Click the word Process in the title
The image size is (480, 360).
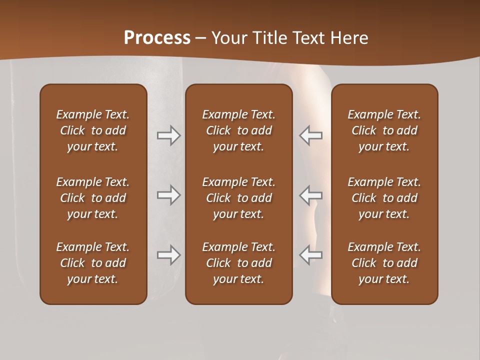coord(157,37)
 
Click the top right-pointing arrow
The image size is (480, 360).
coord(168,135)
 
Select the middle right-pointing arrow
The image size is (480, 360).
coord(168,195)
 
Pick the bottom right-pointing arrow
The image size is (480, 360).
coord(168,255)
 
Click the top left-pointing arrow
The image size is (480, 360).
coord(310,135)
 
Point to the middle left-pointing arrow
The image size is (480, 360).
coord(310,195)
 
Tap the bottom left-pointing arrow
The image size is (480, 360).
coord(310,255)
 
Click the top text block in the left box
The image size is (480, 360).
coord(93,130)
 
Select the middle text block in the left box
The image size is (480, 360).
coord(93,198)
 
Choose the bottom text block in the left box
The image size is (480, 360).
coord(93,263)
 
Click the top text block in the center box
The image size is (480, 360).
coord(238,130)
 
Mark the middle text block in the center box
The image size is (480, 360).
coord(238,198)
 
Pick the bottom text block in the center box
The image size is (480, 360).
coord(238,263)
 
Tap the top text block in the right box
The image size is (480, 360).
coord(384,130)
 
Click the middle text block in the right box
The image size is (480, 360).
coord(384,198)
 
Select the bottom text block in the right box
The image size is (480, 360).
coord(384,263)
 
